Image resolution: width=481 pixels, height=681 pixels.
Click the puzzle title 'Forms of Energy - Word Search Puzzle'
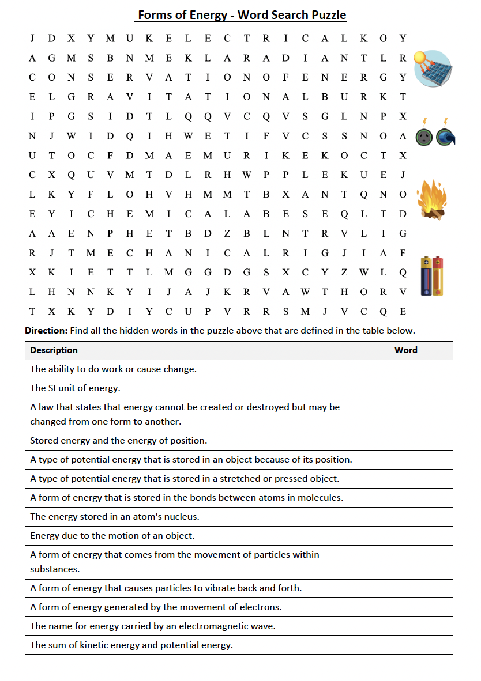(241, 15)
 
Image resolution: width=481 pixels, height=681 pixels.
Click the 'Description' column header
(54, 350)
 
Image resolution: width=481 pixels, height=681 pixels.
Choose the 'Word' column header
(405, 350)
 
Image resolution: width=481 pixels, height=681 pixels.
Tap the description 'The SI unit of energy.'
(75, 388)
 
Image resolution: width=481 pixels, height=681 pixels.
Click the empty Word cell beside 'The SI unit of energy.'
(405, 388)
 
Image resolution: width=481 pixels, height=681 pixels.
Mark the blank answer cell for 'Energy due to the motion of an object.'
(405, 536)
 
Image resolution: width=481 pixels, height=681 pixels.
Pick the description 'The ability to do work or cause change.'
(113, 369)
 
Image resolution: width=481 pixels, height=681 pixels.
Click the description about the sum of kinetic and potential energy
(131, 645)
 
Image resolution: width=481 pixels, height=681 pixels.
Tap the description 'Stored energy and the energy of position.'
(118, 441)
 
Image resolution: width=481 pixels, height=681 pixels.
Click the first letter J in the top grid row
(32, 39)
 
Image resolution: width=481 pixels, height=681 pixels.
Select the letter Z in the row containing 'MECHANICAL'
(344, 273)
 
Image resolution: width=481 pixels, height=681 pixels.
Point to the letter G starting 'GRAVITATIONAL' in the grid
(71, 97)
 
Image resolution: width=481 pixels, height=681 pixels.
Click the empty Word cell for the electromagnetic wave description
(405, 626)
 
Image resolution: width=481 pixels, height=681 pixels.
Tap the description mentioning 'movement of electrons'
(156, 607)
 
